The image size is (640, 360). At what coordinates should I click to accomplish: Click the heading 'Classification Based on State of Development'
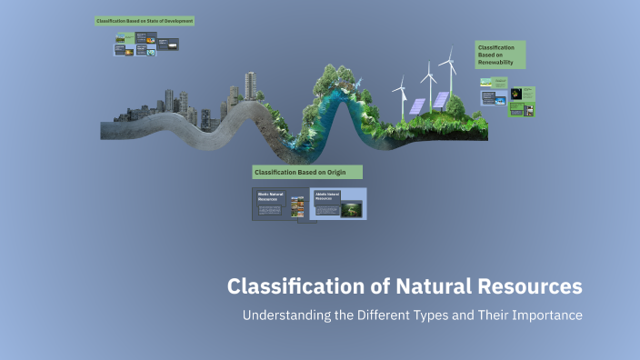coord(145,20)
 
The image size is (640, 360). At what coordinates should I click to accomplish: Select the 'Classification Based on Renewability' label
coord(499,54)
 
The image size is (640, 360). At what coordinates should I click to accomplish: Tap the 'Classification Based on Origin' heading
coord(306,172)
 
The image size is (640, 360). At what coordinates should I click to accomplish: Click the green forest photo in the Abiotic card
coord(351,209)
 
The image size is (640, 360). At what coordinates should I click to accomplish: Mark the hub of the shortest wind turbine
coord(400,89)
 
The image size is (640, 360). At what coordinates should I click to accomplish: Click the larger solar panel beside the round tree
coord(441,100)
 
